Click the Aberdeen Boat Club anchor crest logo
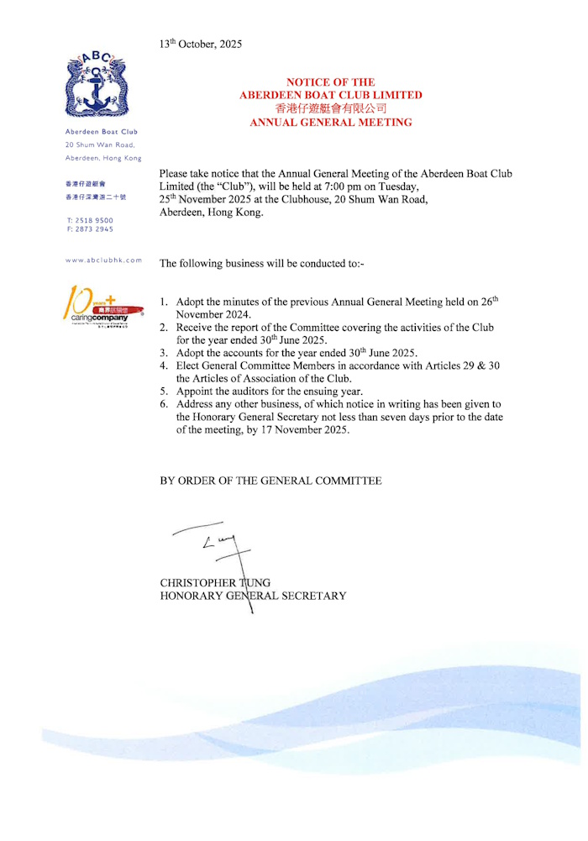(x=102, y=85)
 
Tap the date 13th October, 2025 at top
(x=201, y=44)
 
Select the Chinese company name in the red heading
(x=330, y=108)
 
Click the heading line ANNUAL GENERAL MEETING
(x=331, y=123)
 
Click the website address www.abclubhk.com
(x=103, y=260)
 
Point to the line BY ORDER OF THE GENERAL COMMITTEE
(x=270, y=481)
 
